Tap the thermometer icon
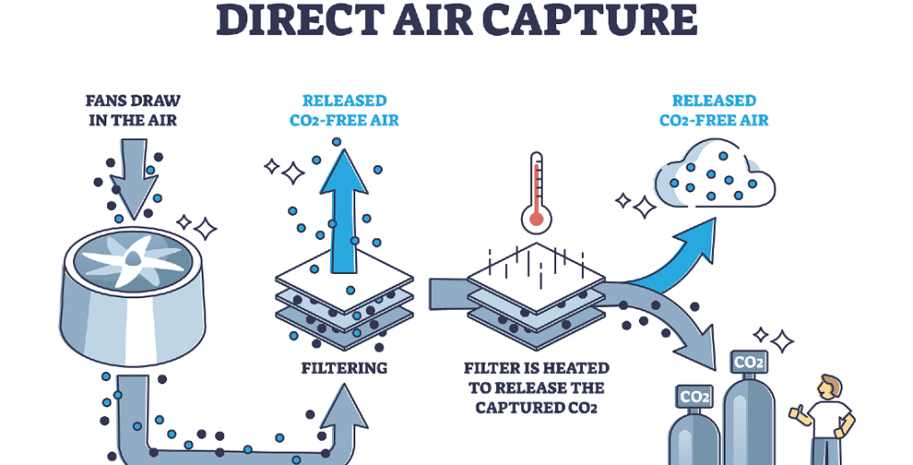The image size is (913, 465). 536,191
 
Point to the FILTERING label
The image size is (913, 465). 344,368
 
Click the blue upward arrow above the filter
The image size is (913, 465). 344,214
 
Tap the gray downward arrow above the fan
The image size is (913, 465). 136,179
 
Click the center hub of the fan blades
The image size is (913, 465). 131,259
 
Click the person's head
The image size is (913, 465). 829,386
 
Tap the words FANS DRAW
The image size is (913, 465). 133,100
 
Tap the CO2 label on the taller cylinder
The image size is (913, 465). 748,362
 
